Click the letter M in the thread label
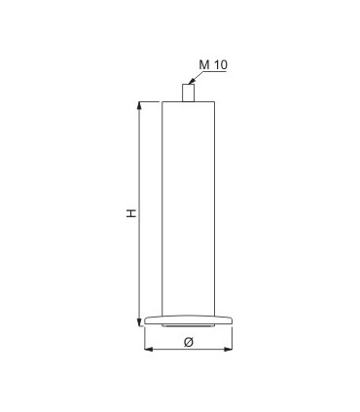click(x=204, y=64)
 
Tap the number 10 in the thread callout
click(x=221, y=64)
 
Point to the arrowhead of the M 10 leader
click(x=192, y=81)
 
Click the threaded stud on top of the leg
click(x=188, y=93)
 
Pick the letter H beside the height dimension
click(x=131, y=213)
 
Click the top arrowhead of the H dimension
click(x=139, y=106)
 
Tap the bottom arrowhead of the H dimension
click(x=139, y=321)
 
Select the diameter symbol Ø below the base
click(x=189, y=342)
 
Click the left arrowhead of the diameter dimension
click(x=149, y=349)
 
